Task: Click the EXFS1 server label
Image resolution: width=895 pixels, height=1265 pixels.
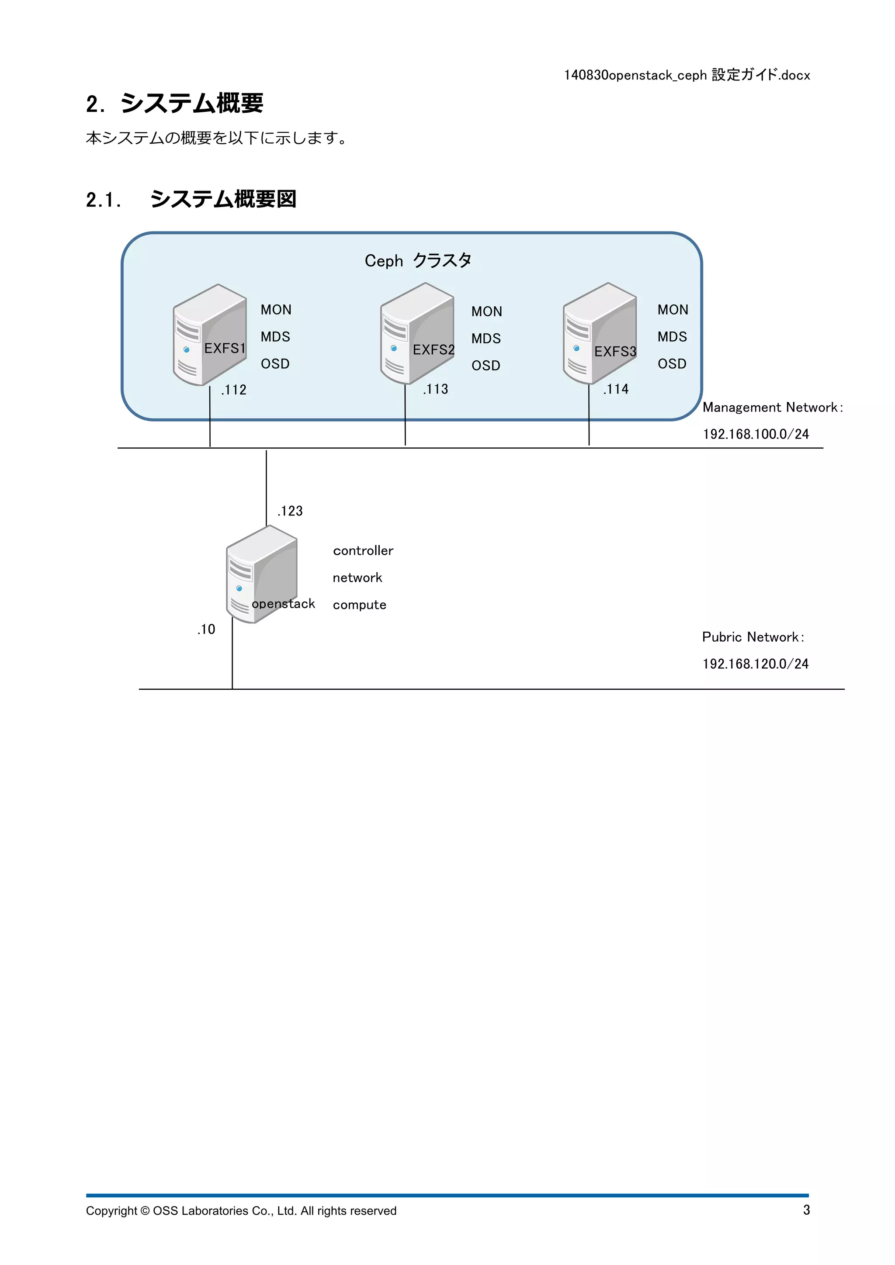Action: (224, 348)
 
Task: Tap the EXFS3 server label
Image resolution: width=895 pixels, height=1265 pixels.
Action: (615, 352)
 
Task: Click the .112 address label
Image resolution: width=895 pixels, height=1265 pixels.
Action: (234, 390)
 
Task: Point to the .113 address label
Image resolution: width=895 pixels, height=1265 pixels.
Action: (435, 390)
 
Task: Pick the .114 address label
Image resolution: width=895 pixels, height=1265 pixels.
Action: (616, 390)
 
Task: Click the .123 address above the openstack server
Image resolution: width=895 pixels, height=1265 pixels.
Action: (290, 512)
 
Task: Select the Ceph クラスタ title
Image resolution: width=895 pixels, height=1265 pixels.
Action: (418, 261)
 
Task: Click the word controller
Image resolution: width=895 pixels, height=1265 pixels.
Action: (363, 551)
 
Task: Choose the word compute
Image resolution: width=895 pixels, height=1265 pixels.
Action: (359, 605)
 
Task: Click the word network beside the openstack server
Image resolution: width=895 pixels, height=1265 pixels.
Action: (357, 578)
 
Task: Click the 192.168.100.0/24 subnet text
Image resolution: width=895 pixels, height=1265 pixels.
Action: (756, 434)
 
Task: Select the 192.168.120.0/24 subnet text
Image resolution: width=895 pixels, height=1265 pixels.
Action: (755, 664)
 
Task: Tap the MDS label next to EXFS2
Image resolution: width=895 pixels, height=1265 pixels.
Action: (486, 339)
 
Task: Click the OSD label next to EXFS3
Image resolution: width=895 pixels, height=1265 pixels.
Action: (672, 364)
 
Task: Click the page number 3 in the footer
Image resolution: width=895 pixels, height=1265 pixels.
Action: (806, 1210)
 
